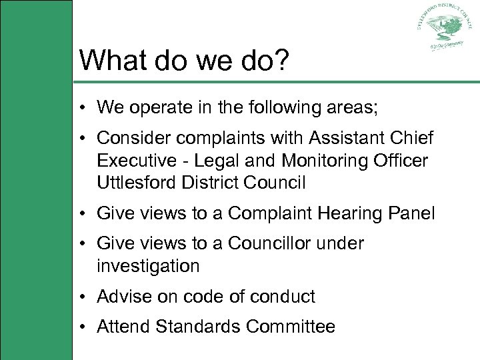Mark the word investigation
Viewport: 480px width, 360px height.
tap(148, 267)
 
